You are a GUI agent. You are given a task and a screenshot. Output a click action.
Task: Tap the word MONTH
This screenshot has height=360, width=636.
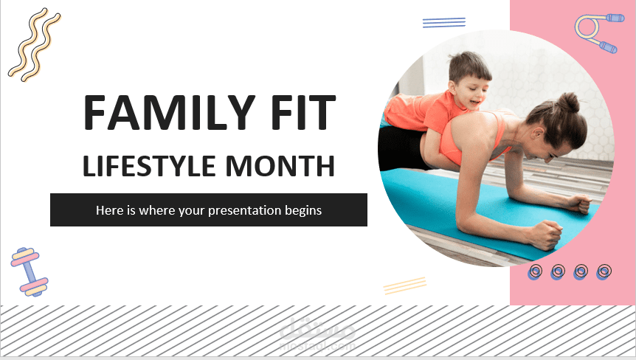coord(280,165)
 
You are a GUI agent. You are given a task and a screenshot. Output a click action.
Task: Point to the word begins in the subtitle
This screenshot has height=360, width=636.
coord(303,211)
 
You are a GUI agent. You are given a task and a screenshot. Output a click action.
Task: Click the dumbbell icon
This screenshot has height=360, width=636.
coord(30,271)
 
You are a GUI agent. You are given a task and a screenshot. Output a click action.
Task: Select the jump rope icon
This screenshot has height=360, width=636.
coord(599,33)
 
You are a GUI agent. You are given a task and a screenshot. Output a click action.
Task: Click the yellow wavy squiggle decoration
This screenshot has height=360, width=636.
coord(34,44)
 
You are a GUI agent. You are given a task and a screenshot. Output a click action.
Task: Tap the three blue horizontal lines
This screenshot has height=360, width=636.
coord(443,23)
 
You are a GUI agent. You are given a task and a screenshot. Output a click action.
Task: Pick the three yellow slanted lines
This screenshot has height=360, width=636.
coord(405,285)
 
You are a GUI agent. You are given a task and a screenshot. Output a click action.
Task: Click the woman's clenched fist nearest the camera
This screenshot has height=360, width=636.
coord(547,235)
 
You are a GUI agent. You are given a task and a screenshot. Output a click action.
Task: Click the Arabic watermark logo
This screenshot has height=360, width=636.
coord(317,333)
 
